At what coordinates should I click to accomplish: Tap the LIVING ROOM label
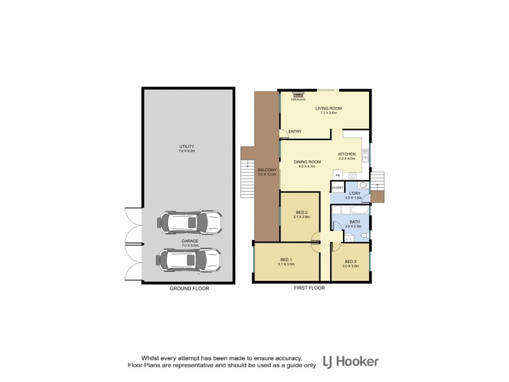tap(329, 108)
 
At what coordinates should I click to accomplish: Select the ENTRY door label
tap(295, 132)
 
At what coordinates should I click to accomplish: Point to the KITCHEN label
tap(346, 155)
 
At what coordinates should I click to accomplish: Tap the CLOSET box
tap(337, 188)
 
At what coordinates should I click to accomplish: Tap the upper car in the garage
tap(190, 222)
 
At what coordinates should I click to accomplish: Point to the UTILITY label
tap(186, 147)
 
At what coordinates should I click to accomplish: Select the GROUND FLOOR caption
tap(189, 288)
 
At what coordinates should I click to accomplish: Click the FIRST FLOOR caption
tap(309, 288)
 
